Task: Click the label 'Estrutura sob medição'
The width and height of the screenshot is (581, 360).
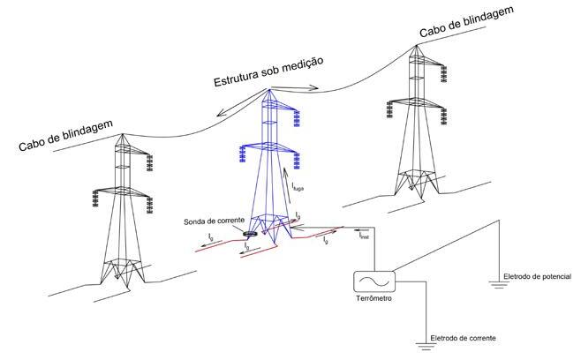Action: pyautogui.click(x=269, y=73)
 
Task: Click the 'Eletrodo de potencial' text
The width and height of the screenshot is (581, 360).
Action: pyautogui.click(x=537, y=276)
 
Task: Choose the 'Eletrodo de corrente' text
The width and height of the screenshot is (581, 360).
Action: pyautogui.click(x=463, y=338)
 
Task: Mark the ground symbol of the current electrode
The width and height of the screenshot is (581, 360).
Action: pyautogui.click(x=426, y=347)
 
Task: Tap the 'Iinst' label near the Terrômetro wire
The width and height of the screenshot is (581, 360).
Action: pyautogui.click(x=364, y=236)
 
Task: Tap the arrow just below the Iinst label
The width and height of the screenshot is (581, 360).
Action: pyautogui.click(x=359, y=230)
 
